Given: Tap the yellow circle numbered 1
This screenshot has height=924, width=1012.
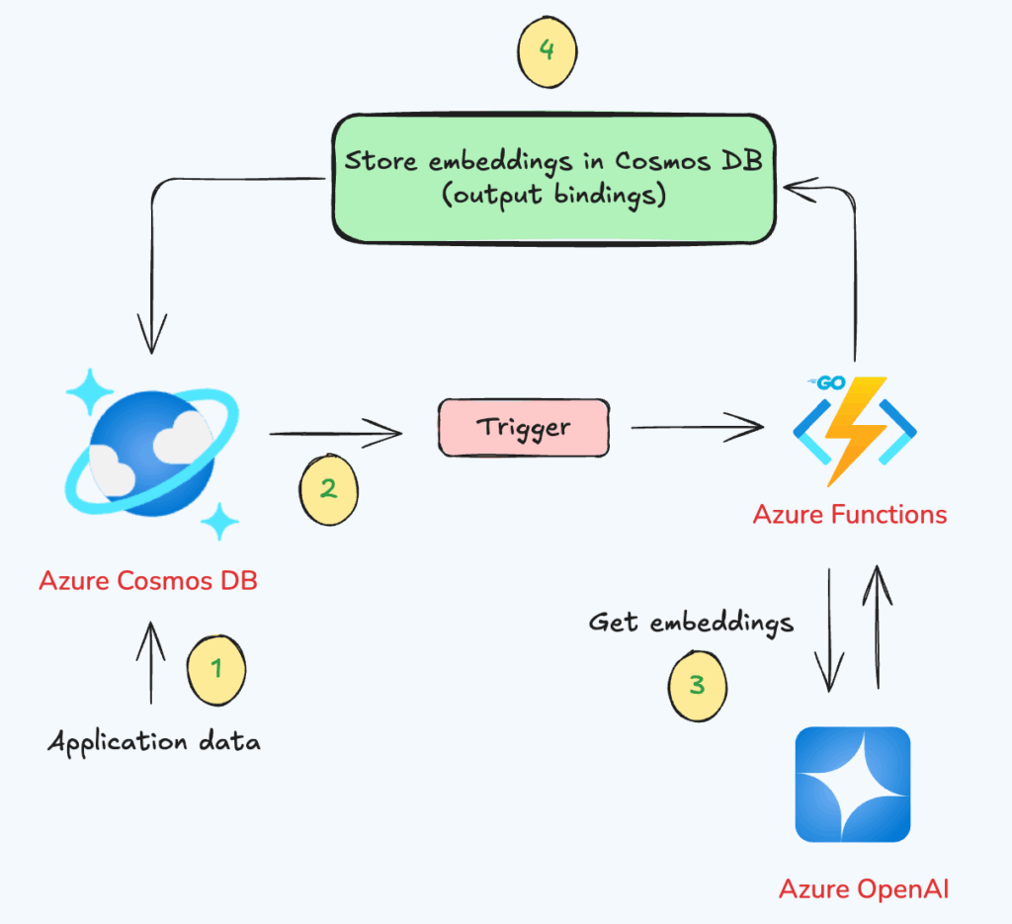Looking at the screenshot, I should [x=215, y=669].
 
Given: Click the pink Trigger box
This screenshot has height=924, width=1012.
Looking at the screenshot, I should [x=523, y=428].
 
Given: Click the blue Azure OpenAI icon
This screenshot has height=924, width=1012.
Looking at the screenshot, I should [x=853, y=785].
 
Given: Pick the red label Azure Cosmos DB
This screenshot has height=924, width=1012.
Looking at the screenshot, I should [x=148, y=580].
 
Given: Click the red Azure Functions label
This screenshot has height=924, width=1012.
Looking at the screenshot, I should [x=849, y=515].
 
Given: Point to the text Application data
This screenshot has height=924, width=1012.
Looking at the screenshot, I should [x=154, y=742].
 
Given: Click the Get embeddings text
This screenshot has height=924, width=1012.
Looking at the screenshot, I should [x=691, y=623].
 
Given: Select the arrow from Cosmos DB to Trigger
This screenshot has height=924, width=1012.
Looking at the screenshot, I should [x=336, y=432].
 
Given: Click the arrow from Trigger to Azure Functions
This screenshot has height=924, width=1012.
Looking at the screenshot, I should [x=697, y=428].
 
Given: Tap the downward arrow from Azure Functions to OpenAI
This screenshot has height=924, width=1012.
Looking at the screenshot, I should [x=828, y=631].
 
